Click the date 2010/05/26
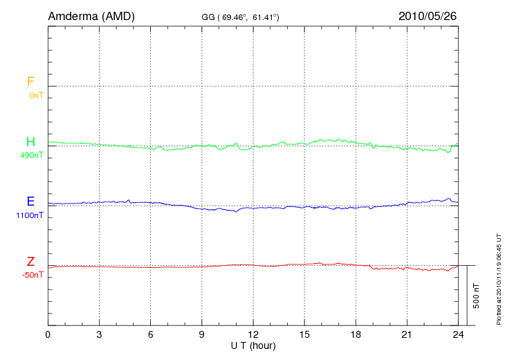pos(428,15)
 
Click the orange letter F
pos(30,82)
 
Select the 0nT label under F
pos(36,96)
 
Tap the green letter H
pos(30,142)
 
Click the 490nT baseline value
pos(32,155)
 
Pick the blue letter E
pos(30,202)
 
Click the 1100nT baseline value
pos(29,215)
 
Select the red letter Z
pos(30,262)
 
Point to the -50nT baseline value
pos(32,275)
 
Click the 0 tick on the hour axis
pos(48,334)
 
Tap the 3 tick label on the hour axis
pos(100,334)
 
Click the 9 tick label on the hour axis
pos(202,334)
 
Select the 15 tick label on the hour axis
pos(304,334)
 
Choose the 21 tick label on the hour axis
pos(407,334)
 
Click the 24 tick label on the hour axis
pos(458,334)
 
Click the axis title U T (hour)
pos(253,345)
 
